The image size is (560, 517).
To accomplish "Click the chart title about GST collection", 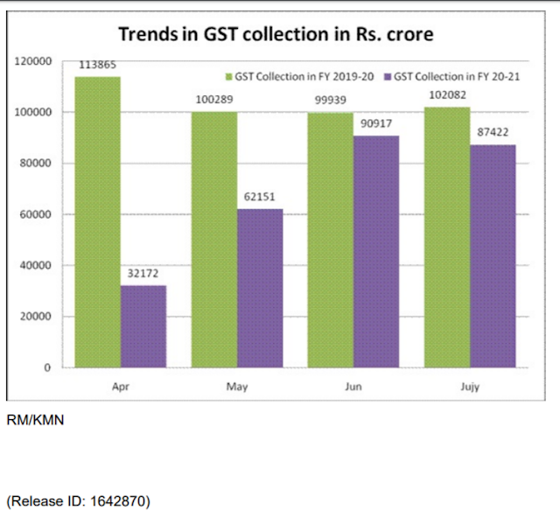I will (276, 35).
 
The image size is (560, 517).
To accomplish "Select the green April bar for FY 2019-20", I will (97, 222).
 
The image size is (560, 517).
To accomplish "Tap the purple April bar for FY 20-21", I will (143, 326).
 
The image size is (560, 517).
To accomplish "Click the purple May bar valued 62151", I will (261, 288).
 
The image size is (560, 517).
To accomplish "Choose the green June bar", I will (331, 240).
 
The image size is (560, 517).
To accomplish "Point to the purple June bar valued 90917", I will (376, 251).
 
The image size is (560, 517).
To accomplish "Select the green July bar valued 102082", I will (447, 237).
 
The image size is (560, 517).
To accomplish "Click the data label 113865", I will (98, 66).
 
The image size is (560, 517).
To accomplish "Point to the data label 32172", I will (143, 275).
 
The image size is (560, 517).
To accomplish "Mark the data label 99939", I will (331, 101).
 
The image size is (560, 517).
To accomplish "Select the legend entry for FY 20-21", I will (452, 77).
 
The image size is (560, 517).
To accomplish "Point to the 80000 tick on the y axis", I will (40, 164).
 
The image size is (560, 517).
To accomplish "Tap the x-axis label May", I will (237, 385).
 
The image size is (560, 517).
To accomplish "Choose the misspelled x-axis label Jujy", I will (470, 385).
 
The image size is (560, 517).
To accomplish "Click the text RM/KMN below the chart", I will (35, 421).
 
